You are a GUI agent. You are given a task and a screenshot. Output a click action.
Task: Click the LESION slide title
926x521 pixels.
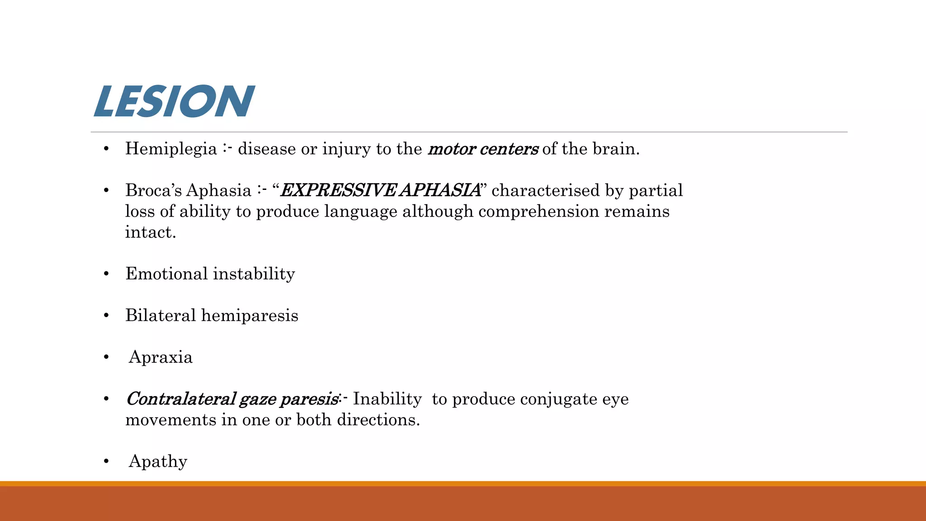[174, 101]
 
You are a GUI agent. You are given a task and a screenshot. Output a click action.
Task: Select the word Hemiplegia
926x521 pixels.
[171, 149]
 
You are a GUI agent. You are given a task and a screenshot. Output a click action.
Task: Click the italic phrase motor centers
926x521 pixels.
[482, 149]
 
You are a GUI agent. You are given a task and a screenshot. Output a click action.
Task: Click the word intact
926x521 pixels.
[150, 232]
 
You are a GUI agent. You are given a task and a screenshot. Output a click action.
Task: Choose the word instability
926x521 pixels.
[254, 274]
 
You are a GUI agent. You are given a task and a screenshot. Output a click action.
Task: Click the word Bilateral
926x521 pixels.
[160, 315]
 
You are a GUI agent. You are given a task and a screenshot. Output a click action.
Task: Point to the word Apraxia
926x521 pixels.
[161, 357]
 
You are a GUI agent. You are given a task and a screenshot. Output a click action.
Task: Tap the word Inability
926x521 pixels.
[387, 399]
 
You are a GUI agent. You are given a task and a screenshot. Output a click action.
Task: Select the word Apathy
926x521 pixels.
[158, 461]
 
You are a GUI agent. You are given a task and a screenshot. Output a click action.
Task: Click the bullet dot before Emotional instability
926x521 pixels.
[106, 274]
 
